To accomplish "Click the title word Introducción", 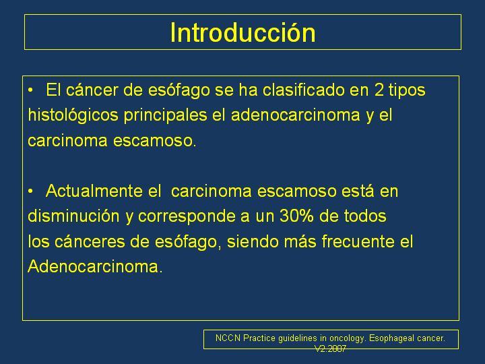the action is [243, 32].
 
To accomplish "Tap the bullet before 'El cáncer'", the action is [30, 91].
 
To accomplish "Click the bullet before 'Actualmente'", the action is [30, 191].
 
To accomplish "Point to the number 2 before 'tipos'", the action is [379, 90].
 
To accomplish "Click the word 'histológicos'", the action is [73, 116].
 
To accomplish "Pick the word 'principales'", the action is [166, 116].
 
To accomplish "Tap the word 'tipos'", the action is [407, 91].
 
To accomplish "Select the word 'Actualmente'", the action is [94, 191].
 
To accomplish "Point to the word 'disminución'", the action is [73, 216].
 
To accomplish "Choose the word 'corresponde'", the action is [189, 216].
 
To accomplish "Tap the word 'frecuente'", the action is [358, 241].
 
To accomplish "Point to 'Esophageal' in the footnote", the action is [391, 338].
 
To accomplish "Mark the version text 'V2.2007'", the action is [330, 349].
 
